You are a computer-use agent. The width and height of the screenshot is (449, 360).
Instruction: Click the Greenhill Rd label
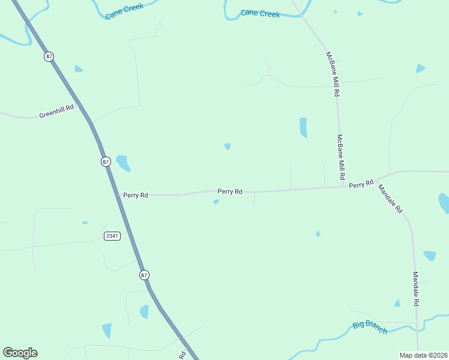[56, 111]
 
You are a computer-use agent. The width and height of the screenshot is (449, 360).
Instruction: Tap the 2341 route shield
[112, 236]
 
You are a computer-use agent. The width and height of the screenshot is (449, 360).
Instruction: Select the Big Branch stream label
[370, 327]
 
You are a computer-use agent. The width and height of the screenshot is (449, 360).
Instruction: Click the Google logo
[20, 353]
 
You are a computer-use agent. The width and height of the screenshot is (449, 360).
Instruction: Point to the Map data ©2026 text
[423, 355]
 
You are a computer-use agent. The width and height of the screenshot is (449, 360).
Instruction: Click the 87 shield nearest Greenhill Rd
[49, 56]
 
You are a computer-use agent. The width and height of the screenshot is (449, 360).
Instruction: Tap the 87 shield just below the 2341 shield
[144, 275]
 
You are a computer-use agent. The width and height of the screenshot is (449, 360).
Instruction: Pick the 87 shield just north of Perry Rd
[106, 162]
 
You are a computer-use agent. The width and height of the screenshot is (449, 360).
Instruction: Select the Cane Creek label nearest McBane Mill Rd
[261, 13]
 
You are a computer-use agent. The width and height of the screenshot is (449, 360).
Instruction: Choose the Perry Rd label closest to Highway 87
[136, 195]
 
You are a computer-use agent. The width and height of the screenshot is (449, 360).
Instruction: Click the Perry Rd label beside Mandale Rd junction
[361, 184]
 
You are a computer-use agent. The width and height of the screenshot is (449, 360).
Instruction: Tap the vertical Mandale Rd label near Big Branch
[415, 289]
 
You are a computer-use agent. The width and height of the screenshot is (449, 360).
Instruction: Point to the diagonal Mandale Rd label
[391, 199]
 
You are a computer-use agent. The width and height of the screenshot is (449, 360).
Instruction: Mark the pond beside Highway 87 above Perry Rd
[122, 162]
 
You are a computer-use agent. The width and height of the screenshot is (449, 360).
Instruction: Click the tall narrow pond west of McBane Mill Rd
[303, 127]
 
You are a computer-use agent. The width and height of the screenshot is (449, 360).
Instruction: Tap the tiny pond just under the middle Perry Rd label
[216, 202]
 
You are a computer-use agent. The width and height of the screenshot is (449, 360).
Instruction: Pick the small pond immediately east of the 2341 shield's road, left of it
[85, 223]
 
